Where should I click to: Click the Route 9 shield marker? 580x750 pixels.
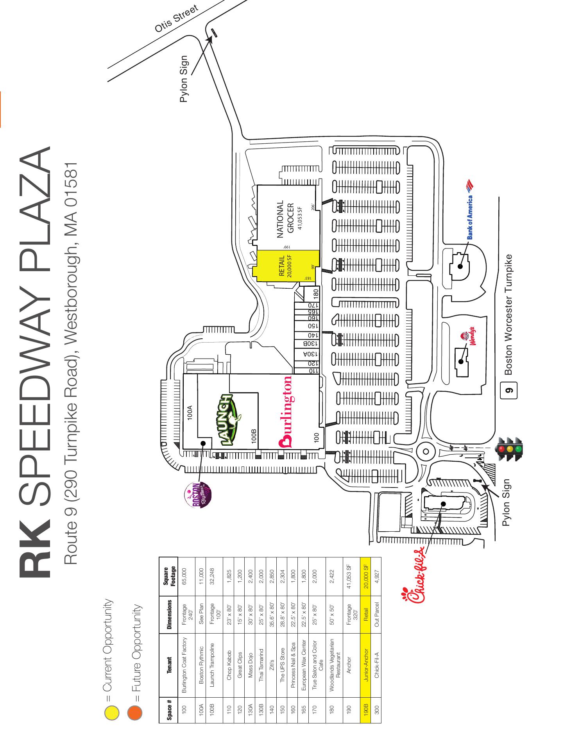click(x=508, y=390)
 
